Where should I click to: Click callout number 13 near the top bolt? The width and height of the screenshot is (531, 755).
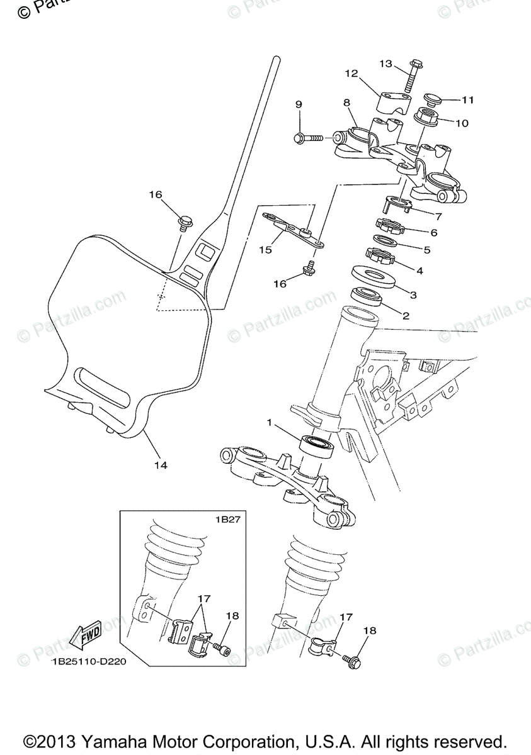(385, 64)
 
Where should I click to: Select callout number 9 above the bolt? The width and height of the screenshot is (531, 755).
(299, 104)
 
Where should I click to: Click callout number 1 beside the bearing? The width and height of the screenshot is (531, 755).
(269, 423)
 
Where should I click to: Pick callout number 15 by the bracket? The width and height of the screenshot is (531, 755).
(265, 250)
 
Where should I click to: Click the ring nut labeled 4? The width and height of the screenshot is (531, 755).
(379, 255)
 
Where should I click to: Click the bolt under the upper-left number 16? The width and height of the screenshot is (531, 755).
(185, 221)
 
